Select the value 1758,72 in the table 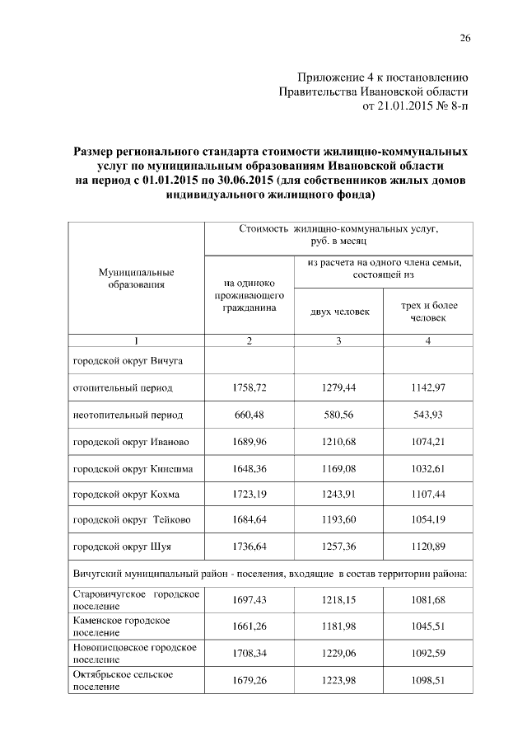[x=249, y=387]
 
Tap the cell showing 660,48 [x=249, y=415]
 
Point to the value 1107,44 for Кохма [x=428, y=495]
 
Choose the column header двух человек [x=339, y=312]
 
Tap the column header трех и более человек [x=428, y=312]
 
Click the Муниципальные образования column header [x=136, y=278]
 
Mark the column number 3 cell [x=339, y=341]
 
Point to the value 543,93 [x=428, y=415]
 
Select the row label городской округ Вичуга [x=128, y=360]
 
